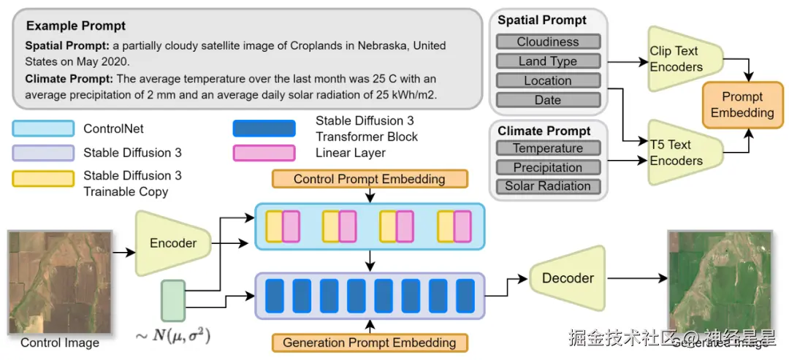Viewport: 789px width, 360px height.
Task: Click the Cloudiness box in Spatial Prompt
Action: pos(548,42)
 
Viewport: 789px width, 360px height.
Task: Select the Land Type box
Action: pos(548,61)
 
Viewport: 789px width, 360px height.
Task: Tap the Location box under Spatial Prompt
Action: pos(548,81)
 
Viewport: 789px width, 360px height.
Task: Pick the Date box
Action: pos(548,100)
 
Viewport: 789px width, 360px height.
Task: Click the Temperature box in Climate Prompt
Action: pos(548,148)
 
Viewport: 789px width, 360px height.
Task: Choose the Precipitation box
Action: pos(548,167)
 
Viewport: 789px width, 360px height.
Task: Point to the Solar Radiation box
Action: pos(548,186)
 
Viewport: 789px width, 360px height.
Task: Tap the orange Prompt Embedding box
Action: pos(742,104)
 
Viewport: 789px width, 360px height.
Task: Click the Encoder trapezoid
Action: pos(172,243)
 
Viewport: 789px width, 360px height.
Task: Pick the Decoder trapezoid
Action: pos(568,277)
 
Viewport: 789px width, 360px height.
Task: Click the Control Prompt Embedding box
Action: pos(369,179)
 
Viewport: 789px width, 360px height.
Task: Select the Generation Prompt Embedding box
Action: pos(369,342)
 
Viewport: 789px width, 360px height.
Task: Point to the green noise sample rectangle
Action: pos(173,300)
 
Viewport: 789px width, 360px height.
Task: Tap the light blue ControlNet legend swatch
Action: pos(43,129)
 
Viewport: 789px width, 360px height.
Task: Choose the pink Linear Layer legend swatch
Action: pos(263,153)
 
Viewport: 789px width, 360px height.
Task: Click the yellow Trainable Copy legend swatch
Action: pos(43,179)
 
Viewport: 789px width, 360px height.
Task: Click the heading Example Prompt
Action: pos(76,26)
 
